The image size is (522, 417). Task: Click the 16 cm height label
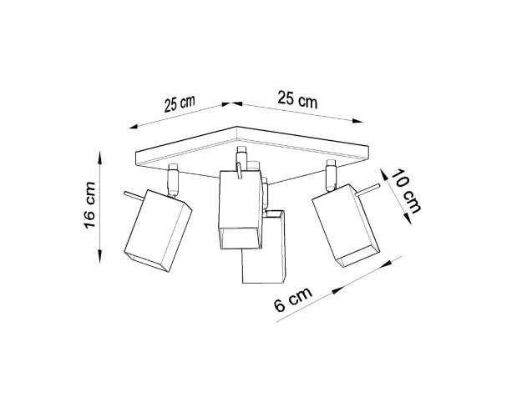(90, 205)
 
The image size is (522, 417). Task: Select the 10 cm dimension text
(405, 192)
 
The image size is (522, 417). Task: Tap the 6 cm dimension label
(293, 299)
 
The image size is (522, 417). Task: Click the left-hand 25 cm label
(180, 103)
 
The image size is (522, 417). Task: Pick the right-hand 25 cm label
(297, 98)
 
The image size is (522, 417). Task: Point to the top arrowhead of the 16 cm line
(100, 158)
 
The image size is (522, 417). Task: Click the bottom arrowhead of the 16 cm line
(100, 256)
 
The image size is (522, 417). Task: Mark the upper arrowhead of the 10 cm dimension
(384, 174)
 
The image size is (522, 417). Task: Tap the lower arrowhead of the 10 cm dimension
(407, 219)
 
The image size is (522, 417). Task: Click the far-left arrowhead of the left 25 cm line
(134, 127)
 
